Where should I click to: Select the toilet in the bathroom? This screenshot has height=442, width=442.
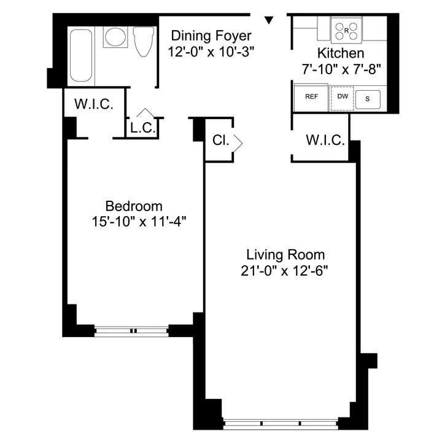pos(142,42)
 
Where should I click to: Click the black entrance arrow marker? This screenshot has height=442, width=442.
pos(268,21)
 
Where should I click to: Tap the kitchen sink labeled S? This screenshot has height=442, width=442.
pos(368,98)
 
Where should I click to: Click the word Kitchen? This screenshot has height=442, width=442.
pos(341,53)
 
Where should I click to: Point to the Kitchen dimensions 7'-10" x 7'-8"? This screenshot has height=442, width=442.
pos(341,69)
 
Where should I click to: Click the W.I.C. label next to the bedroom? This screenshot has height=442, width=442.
pos(93,104)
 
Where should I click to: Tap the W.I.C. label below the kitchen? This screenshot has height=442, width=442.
pos(325,141)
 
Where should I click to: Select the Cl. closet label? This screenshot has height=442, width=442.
pos(220,141)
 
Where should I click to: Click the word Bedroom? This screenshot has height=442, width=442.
pos(134,206)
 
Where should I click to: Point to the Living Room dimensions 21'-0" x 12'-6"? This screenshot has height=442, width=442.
pos(285,271)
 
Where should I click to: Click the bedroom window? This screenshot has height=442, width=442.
pos(131,330)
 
